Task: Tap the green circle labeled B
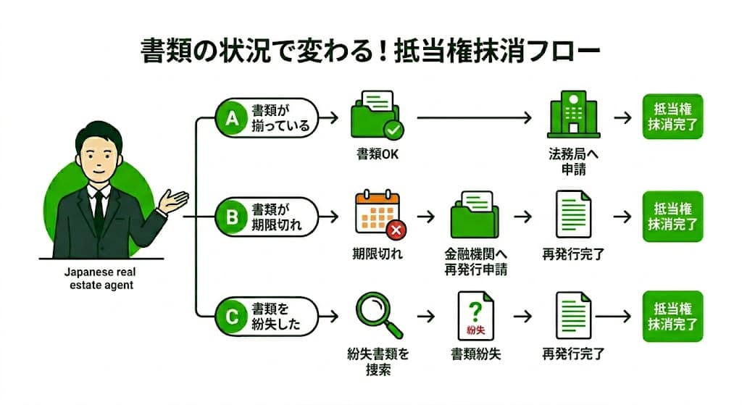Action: coord(231,216)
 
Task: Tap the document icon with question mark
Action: coord(475,317)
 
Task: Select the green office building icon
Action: coord(572,117)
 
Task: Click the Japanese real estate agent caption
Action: coord(95,280)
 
